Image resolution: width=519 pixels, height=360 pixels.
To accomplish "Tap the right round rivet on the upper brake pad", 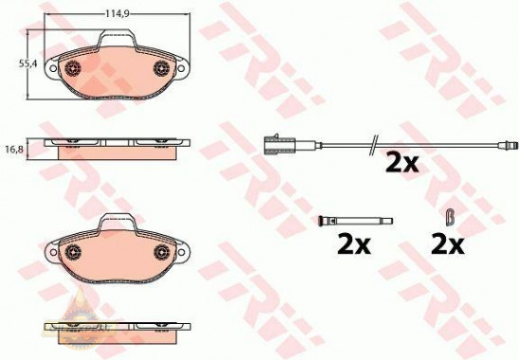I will pos(159,68).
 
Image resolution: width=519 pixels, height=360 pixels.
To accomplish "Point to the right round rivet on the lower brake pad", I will pos(159,251).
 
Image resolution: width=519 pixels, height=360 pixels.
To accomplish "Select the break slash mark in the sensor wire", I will pos(373,144).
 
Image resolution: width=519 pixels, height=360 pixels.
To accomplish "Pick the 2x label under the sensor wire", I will pos(401,164).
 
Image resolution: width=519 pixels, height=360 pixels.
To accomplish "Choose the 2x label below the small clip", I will pos(446,243).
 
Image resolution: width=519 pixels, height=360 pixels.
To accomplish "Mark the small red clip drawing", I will pos(453,216).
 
